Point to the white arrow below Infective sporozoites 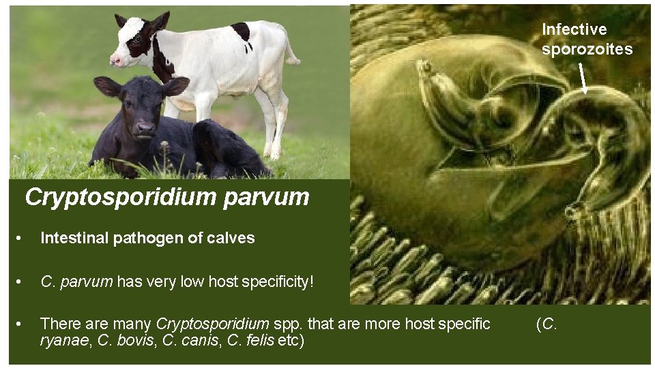pos(583,77)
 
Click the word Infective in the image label pos(574,29)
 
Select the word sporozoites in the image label pos(587,49)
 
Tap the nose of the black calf pos(144,127)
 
